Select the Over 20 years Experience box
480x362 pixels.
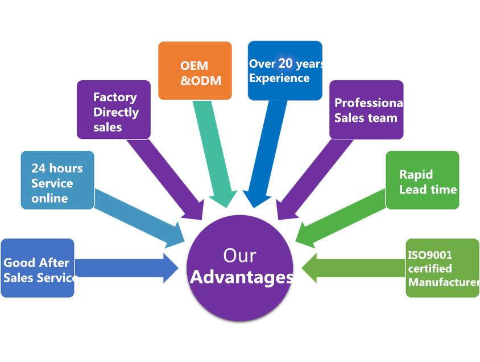click(285, 71)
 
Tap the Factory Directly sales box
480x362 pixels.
click(114, 109)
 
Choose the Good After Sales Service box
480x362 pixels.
click(38, 268)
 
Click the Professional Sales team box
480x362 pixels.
click(366, 109)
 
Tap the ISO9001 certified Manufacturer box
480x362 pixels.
click(442, 268)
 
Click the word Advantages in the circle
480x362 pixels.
click(241, 277)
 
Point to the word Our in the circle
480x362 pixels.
click(239, 255)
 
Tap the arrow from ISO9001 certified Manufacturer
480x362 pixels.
click(353, 268)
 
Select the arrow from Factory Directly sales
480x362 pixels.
click(165, 176)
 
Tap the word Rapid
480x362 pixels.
click(416, 174)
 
